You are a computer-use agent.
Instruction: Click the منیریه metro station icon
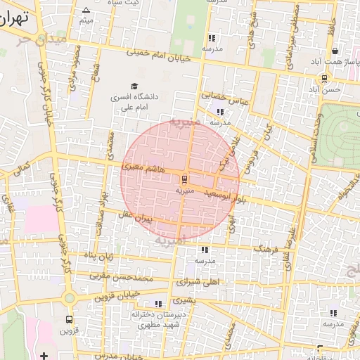(x=184, y=177)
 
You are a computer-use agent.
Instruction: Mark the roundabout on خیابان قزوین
(x=69, y=298)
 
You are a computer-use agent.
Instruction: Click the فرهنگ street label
(x=267, y=250)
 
